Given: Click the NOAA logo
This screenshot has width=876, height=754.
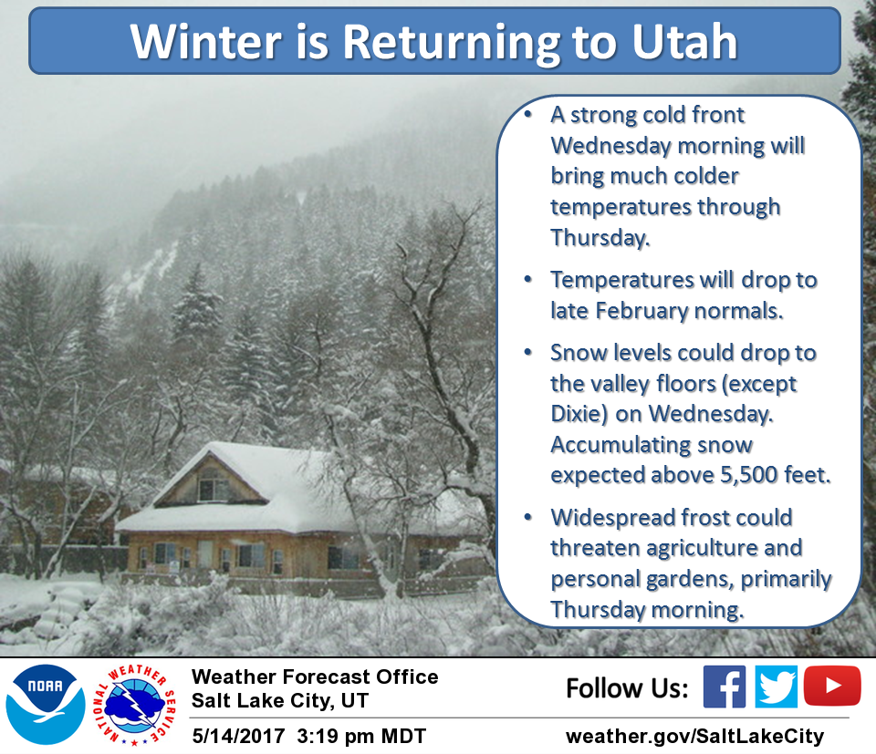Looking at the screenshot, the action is click(x=46, y=705).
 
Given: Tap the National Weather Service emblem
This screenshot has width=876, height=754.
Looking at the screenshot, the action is click(x=134, y=706).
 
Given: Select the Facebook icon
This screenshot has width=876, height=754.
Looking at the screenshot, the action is click(x=724, y=687).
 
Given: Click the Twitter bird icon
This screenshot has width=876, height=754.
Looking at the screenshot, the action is click(x=776, y=687).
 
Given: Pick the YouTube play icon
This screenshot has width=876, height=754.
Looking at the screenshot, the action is click(x=832, y=686).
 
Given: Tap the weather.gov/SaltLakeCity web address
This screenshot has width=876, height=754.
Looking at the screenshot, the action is click(x=694, y=736).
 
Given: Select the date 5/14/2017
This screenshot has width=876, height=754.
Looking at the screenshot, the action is click(x=238, y=736).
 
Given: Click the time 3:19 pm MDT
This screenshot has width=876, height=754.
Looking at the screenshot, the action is click(x=361, y=736).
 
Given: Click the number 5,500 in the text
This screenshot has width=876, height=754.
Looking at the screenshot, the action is click(x=748, y=475).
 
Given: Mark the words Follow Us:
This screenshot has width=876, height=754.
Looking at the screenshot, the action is click(x=627, y=687).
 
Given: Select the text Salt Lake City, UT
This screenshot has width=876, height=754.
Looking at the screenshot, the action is click(x=280, y=701).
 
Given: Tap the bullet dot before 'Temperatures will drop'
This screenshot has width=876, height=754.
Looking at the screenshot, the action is click(x=528, y=278).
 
